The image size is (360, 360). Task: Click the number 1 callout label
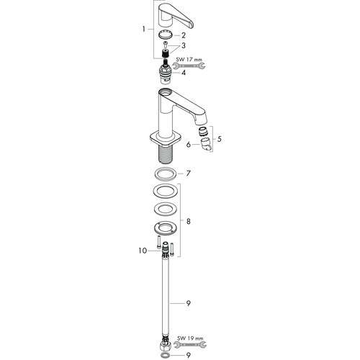pos(143,30)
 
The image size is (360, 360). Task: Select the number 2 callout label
pos(184,35)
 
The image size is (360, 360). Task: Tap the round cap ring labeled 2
pos(166,35)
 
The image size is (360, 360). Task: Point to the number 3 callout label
pos(184,45)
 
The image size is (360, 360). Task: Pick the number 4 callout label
pos(184,73)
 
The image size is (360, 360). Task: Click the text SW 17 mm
pos(189,60)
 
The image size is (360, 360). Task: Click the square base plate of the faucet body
pos(166,142)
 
